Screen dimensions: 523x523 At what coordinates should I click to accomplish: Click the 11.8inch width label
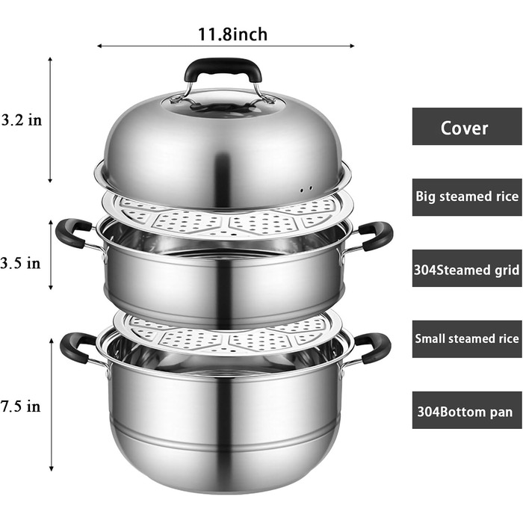232,34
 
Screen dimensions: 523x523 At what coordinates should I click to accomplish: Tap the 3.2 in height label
22,120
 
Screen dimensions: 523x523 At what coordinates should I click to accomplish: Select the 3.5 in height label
20,264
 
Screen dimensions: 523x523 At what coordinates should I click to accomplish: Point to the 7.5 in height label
20,406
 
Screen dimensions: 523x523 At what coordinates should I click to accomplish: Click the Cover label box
467,126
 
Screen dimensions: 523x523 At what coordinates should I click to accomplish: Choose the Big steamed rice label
467,197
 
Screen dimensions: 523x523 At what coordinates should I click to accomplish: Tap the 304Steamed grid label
467,268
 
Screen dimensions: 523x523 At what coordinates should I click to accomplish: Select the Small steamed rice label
467,339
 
